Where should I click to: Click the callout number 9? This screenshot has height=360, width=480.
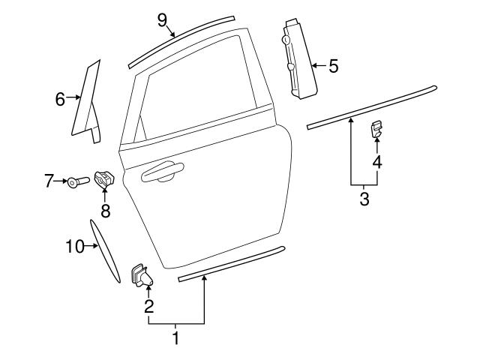[162, 19]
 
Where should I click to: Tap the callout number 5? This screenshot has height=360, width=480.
[333, 66]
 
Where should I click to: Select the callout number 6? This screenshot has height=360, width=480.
[60, 97]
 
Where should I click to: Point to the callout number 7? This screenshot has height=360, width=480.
[49, 180]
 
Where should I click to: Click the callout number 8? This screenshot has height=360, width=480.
[105, 211]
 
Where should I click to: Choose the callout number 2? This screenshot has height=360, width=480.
[149, 305]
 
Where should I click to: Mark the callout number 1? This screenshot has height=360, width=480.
[176, 338]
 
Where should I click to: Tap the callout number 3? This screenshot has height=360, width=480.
[364, 199]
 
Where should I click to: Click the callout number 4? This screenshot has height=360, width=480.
[376, 160]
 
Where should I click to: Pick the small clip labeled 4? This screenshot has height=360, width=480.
[376, 130]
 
